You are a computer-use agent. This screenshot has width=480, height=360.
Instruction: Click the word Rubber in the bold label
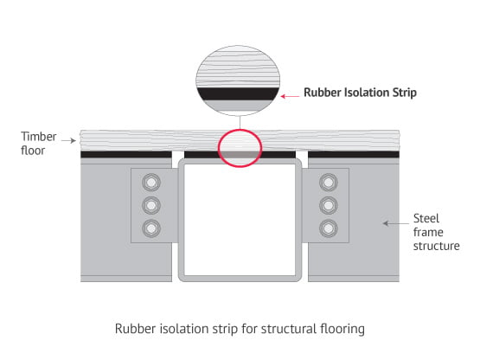tap(323, 93)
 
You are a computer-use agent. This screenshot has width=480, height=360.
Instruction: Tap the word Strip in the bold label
tap(405, 93)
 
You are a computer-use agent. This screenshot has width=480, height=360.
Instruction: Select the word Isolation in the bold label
tap(367, 93)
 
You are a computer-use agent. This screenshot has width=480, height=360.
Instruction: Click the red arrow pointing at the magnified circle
tap(290, 97)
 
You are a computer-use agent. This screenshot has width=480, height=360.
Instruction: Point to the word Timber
tap(39, 137)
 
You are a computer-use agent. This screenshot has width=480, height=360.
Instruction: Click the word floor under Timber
tap(33, 150)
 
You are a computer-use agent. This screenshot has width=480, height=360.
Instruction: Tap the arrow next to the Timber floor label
tap(68, 140)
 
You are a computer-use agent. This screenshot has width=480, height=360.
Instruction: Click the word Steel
tap(426, 218)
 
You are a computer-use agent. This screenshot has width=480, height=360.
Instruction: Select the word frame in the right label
tap(428, 232)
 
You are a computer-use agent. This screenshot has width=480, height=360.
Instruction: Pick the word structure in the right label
tap(436, 246)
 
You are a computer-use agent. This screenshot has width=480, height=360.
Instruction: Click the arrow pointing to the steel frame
tap(396, 223)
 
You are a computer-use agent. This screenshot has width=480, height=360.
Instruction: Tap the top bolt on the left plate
tap(151, 183)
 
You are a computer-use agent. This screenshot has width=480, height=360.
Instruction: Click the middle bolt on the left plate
tap(151, 205)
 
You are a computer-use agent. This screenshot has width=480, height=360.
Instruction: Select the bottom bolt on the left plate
tap(151, 228)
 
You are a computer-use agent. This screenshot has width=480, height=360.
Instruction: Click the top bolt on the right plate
tap(329, 183)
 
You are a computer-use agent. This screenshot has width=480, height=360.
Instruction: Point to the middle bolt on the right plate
tap(329, 205)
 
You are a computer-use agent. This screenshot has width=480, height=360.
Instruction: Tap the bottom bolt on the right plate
tap(329, 228)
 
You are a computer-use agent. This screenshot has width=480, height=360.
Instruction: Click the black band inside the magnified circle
tap(238, 93)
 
